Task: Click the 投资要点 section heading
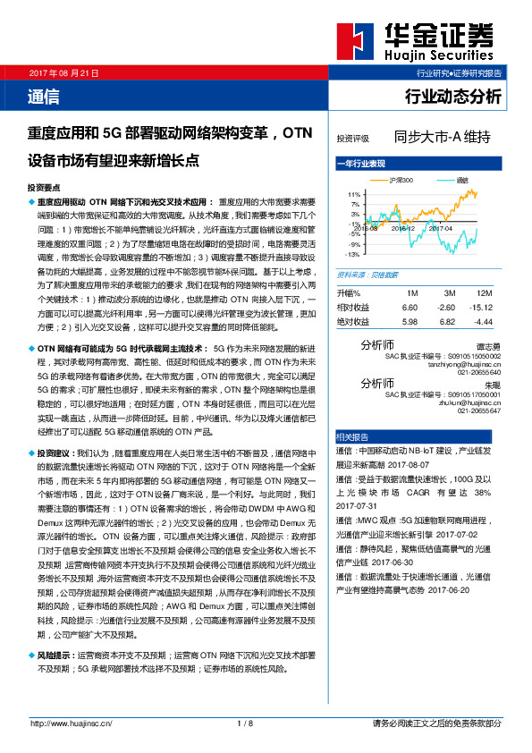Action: click(44, 189)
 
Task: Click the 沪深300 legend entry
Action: click(400, 181)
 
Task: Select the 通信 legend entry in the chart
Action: click(461, 181)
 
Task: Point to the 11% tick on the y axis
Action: click(354, 194)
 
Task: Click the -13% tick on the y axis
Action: click(353, 254)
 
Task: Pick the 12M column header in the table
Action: click(484, 293)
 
